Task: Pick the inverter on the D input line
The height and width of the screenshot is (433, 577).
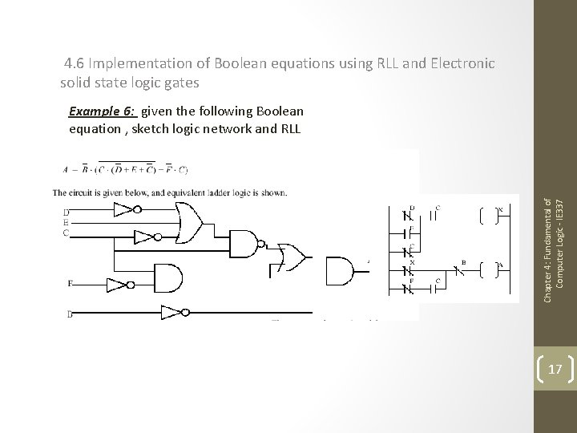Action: click(x=123, y=211)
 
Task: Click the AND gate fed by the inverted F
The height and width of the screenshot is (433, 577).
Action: click(x=165, y=277)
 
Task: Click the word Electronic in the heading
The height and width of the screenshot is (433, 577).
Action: click(x=464, y=63)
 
